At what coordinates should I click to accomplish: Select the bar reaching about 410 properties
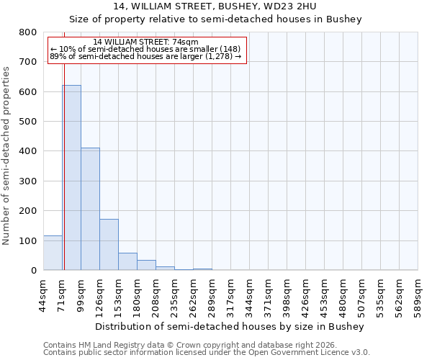pos(90,209)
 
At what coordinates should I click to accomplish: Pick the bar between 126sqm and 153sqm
pos(109,245)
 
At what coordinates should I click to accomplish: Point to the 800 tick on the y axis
pos(28,32)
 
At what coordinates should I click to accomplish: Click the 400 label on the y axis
pos(28,151)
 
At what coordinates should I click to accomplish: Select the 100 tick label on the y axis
pos(28,240)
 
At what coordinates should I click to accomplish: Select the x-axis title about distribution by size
pos(230,326)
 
